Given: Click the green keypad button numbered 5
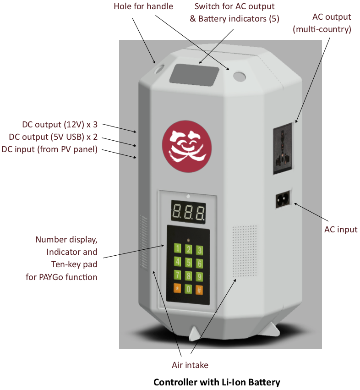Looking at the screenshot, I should pyautogui.click(x=188, y=263).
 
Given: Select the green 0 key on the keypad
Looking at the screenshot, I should pyautogui.click(x=188, y=289).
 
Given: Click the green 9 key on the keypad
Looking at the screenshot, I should pyautogui.click(x=199, y=276).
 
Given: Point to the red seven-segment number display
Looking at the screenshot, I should pyautogui.click(x=188, y=211).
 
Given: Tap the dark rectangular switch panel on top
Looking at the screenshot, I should pyautogui.click(x=194, y=73).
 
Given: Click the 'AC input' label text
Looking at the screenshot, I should pyautogui.click(x=341, y=229).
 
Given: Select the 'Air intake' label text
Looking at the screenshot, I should pyautogui.click(x=190, y=365).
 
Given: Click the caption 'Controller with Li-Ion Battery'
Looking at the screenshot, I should pyautogui.click(x=216, y=382).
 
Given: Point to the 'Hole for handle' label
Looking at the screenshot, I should pyautogui.click(x=143, y=6).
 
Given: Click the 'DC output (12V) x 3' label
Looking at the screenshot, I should pyautogui.click(x=60, y=125).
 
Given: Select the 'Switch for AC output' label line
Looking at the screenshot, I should pyautogui.click(x=235, y=7).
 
